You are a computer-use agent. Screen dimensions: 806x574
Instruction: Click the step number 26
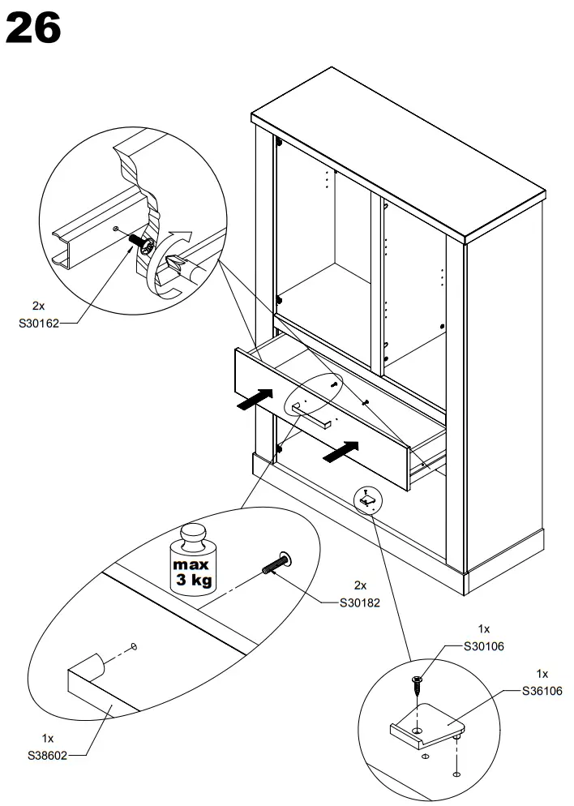[33, 28]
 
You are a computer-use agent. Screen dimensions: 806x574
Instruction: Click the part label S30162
[38, 322]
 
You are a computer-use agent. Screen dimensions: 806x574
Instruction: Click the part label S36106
[542, 691]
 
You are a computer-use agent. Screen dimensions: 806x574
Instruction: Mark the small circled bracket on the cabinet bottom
[366, 501]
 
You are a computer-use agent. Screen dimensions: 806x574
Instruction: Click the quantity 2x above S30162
[38, 306]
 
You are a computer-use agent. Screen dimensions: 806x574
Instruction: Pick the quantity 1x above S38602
[47, 739]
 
